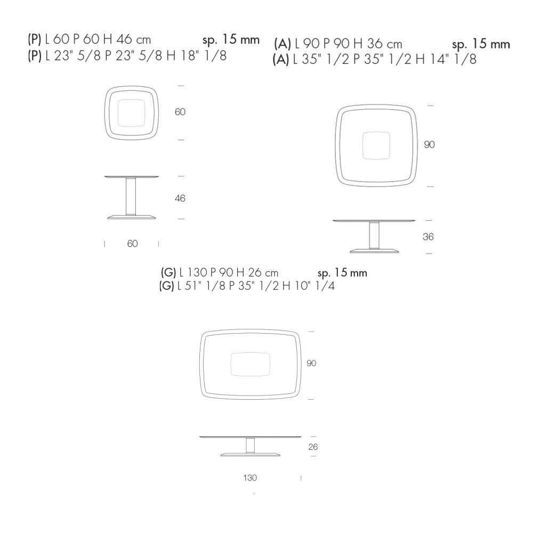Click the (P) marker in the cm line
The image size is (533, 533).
pos(34,39)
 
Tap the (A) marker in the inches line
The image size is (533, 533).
pos(281,59)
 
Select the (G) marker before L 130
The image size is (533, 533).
pos(168,272)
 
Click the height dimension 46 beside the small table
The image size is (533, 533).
pos(180,198)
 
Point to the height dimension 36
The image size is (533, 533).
pos(428,237)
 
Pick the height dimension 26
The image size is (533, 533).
pos(313,447)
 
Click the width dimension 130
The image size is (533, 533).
pos(250,478)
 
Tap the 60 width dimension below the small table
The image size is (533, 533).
pos(132,244)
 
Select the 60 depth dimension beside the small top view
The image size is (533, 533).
pos(180,112)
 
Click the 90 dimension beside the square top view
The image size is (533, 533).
pos(429,144)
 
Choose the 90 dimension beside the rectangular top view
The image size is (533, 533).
pos(311,363)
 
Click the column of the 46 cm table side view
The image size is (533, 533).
pos(131,196)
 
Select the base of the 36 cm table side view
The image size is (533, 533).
pos(374,251)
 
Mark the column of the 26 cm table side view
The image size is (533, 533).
pos(250,445)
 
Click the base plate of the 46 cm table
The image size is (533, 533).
pos(132,217)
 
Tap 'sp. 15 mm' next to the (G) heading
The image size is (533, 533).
pos(342,273)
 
